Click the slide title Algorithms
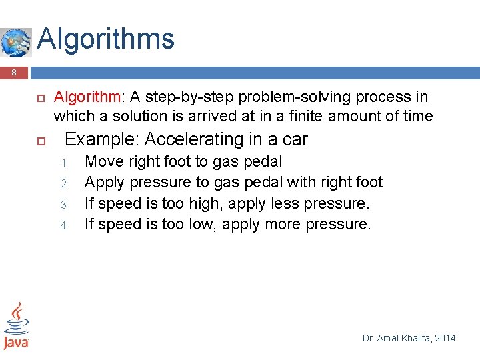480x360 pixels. click(106, 39)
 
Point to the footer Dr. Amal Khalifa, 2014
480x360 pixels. click(409, 338)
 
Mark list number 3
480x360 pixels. click(65, 204)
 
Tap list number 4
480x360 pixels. click(65, 225)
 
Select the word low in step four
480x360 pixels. click(203, 225)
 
